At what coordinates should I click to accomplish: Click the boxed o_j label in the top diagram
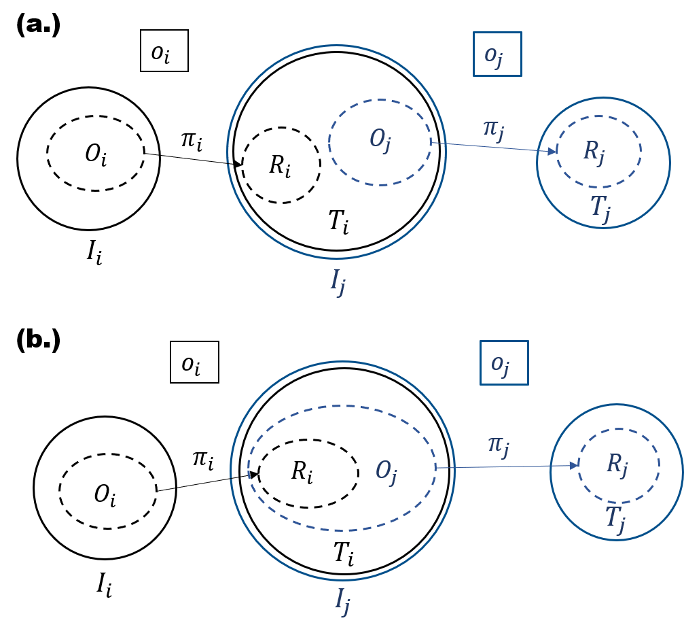tap(497, 54)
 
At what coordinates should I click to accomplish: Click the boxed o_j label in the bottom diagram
tap(504, 363)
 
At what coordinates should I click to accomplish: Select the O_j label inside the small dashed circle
tap(380, 140)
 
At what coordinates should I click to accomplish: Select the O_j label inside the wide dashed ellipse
tap(386, 471)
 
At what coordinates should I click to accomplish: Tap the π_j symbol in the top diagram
tap(494, 127)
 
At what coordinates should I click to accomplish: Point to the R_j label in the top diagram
tap(594, 152)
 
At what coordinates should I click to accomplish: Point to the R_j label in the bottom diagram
tap(617, 465)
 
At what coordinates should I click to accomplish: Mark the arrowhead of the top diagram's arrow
tap(552, 152)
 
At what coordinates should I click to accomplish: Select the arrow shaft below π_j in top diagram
tap(489, 147)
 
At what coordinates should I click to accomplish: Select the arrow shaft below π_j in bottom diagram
tap(503, 467)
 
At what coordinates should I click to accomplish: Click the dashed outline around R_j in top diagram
tap(598, 116)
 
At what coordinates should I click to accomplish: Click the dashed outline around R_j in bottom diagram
tap(618, 429)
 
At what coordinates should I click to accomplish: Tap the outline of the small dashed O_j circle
tap(380, 100)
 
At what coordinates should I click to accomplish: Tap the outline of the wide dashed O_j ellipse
tap(342, 406)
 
